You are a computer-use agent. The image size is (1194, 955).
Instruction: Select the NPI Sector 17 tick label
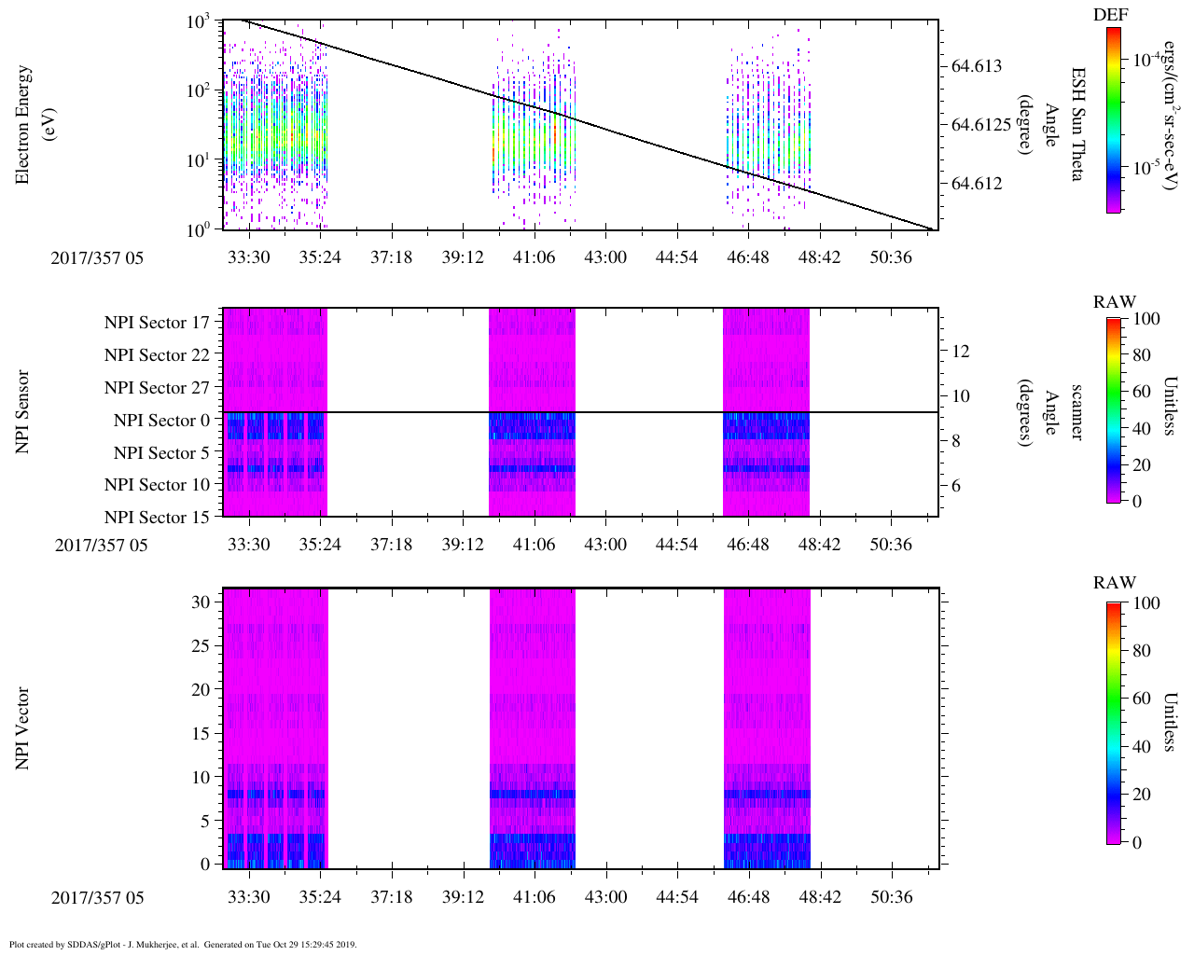pos(157,323)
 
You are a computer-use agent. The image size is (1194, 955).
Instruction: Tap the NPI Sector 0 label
pos(161,421)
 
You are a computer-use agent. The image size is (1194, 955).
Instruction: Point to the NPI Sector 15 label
pos(157,518)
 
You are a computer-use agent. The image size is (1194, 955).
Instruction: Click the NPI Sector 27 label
pos(157,388)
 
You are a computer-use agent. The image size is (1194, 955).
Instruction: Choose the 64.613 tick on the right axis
pos(977,66)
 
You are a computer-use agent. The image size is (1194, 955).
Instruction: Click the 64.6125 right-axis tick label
pos(981,125)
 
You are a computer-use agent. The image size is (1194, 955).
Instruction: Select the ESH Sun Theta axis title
pos(1077,124)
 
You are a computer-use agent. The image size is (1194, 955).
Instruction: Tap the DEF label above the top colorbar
pos(1110,15)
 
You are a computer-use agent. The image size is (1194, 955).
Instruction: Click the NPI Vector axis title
pos(23,728)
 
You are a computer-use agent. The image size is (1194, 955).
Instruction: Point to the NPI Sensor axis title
pos(23,412)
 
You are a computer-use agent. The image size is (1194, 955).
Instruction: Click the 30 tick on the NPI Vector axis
pos(201,602)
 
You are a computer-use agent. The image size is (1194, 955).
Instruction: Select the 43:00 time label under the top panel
pos(605,257)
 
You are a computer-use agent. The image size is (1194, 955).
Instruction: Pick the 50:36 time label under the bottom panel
pos(891,897)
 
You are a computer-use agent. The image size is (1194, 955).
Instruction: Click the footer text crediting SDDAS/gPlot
pos(183,944)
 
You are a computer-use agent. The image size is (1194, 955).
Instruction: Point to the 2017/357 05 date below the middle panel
pos(101,545)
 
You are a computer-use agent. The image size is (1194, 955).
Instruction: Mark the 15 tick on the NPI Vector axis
pos(201,733)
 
